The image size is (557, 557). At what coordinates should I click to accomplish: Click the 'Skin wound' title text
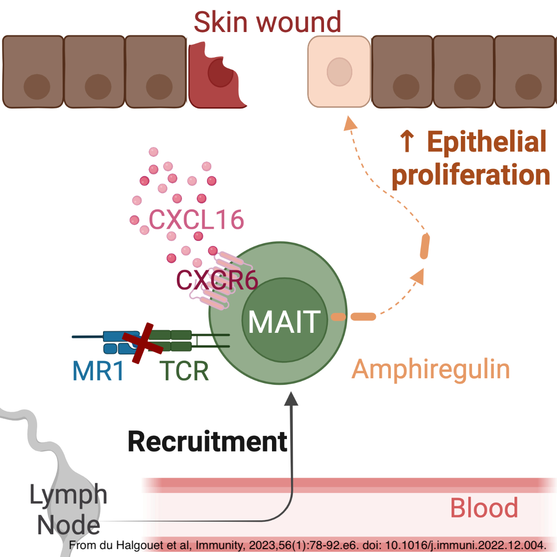[x=267, y=22]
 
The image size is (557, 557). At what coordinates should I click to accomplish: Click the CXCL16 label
[x=196, y=220]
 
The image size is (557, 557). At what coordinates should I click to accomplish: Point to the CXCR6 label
[x=217, y=280]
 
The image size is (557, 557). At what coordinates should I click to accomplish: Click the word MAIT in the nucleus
[x=285, y=322]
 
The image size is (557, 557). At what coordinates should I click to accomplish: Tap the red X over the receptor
[x=143, y=343]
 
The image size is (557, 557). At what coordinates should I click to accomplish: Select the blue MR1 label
[x=98, y=371]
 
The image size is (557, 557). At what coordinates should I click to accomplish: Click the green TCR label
[x=184, y=371]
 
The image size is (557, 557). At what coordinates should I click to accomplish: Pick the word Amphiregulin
[x=431, y=369]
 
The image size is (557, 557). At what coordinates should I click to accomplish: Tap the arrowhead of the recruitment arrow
[x=291, y=398]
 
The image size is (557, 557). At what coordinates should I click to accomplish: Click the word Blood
[x=484, y=508]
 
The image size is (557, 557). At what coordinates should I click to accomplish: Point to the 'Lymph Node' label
[x=68, y=510]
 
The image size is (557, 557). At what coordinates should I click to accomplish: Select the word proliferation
[x=471, y=175]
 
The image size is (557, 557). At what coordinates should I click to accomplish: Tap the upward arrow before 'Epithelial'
[x=407, y=141]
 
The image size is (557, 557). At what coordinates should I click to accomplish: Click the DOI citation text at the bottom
[x=307, y=545]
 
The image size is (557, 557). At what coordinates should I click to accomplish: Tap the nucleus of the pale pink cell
[x=339, y=72]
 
